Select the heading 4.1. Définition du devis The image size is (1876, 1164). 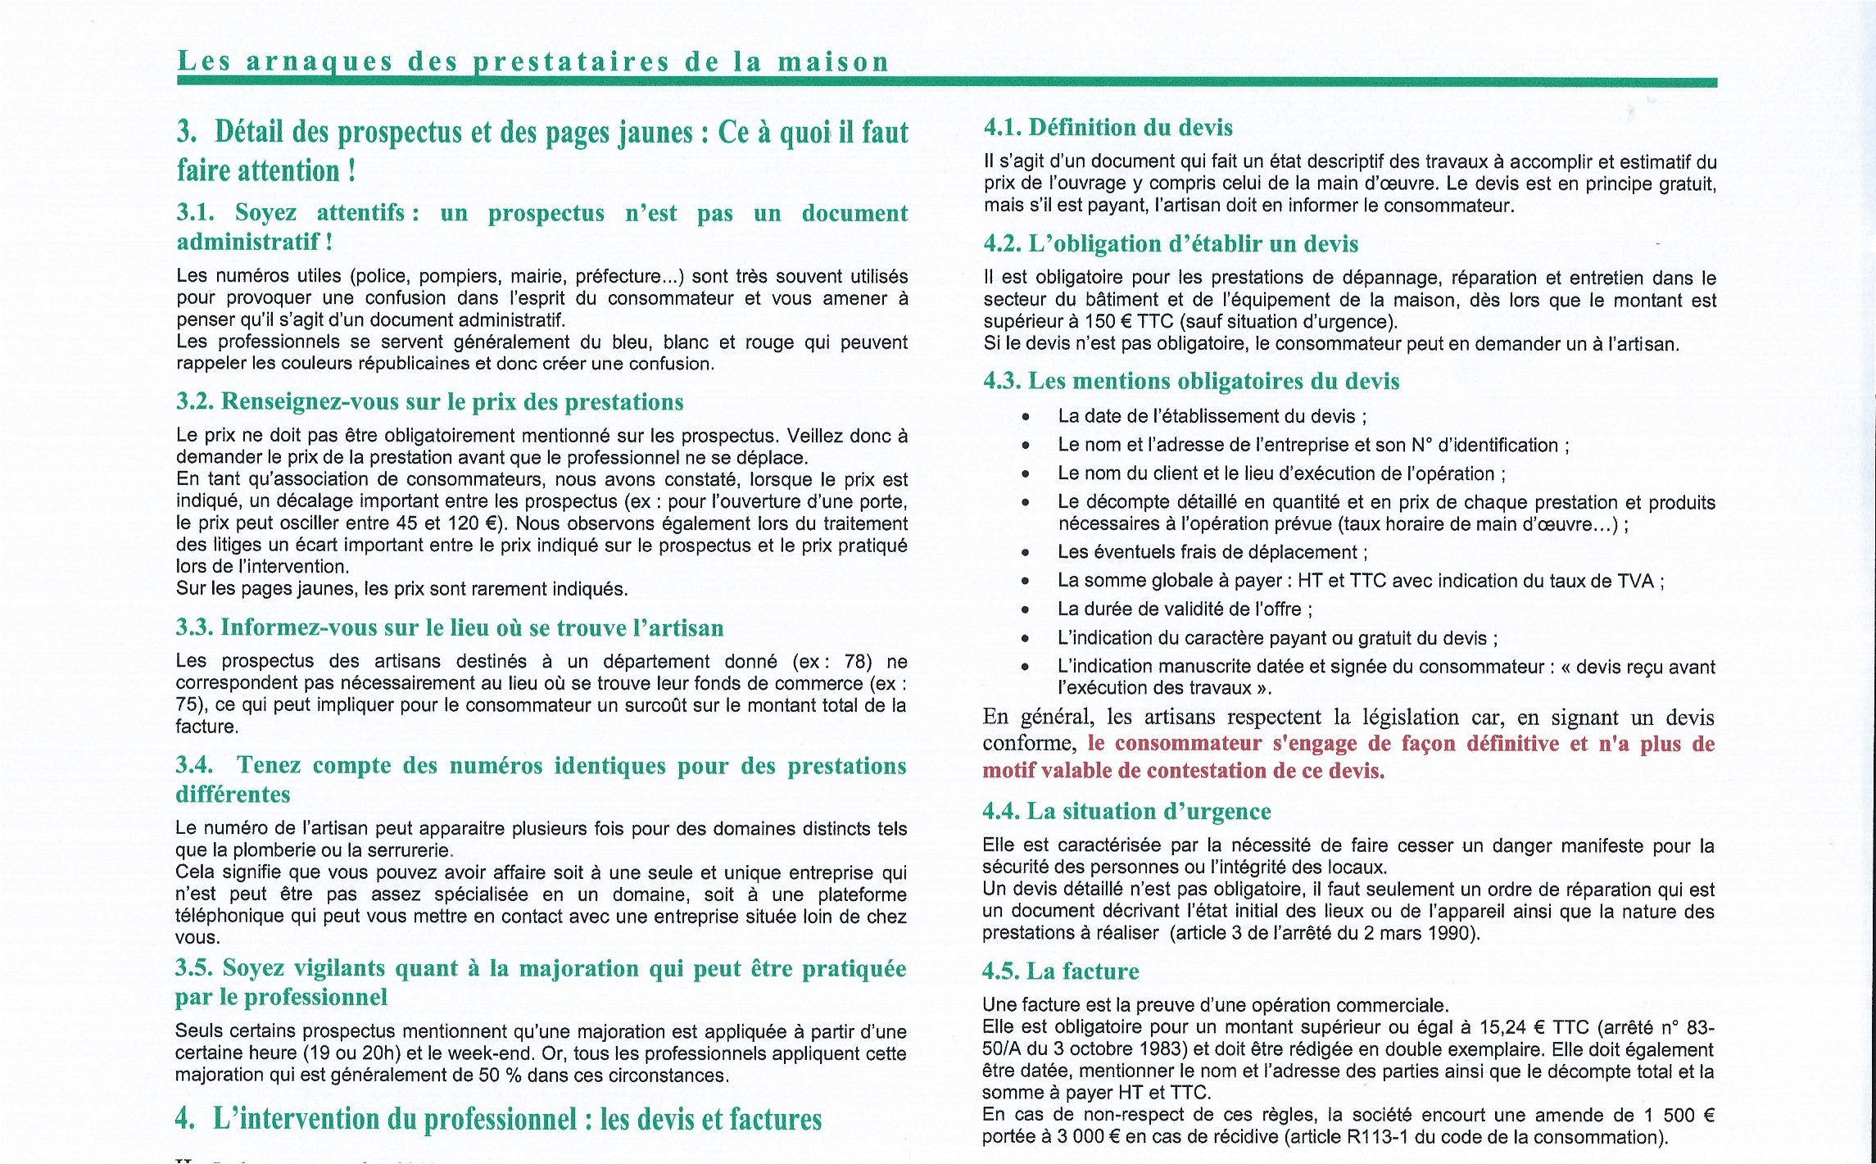tap(1108, 128)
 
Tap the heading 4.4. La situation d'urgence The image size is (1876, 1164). tap(1126, 812)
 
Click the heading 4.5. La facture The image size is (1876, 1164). tap(1060, 972)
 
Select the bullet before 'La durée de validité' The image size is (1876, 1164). tap(1025, 609)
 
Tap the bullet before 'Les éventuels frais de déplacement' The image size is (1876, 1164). tap(1025, 553)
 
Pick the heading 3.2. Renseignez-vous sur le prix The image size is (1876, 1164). tap(429, 402)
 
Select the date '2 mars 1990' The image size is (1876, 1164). tap(1420, 933)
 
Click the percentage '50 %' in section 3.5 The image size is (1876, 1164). tap(500, 1076)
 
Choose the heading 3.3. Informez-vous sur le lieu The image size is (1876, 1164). tap(449, 628)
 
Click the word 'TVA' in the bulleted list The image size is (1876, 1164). tap(1636, 582)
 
